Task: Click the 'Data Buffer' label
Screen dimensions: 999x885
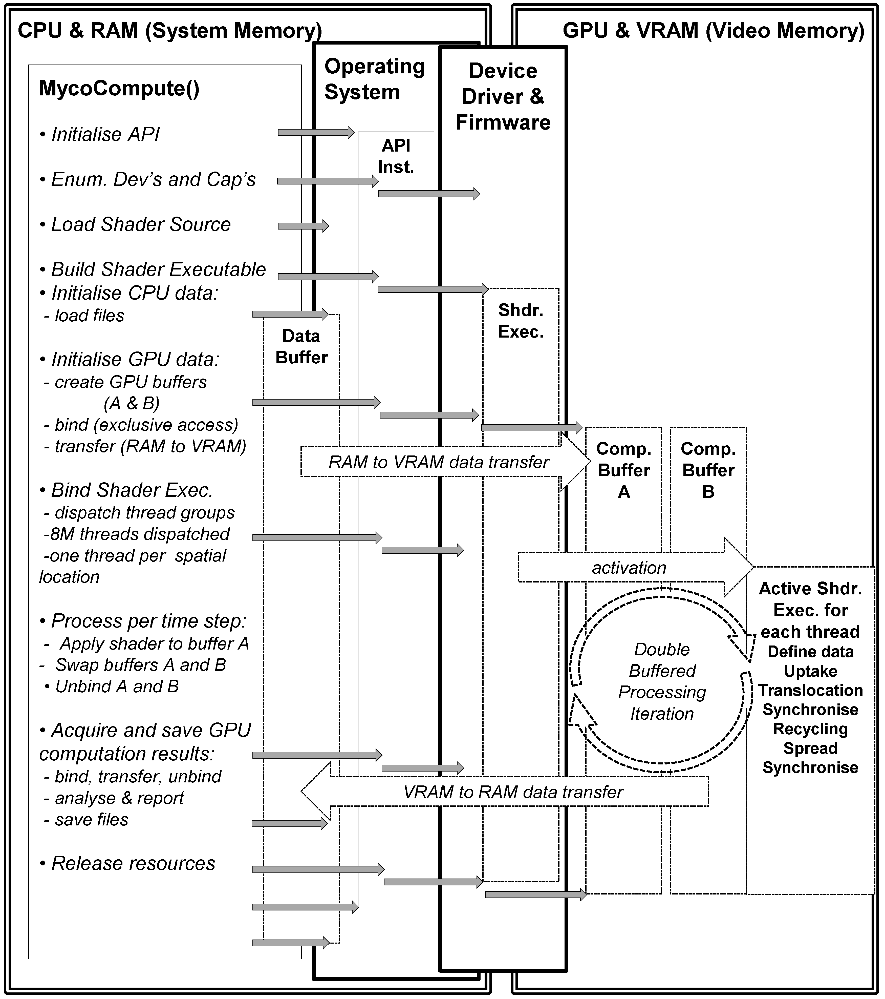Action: (x=301, y=347)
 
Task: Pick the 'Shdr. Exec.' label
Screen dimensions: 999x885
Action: (x=521, y=321)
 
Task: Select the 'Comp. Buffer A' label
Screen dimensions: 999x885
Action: (x=624, y=470)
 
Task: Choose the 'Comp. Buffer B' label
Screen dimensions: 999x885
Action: (x=708, y=470)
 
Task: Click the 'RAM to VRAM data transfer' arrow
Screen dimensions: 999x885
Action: (x=439, y=462)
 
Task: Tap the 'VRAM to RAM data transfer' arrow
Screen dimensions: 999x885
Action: (x=513, y=792)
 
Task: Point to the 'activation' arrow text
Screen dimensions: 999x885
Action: (x=629, y=567)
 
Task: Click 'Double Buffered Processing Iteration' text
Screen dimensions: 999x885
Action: (x=662, y=681)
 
